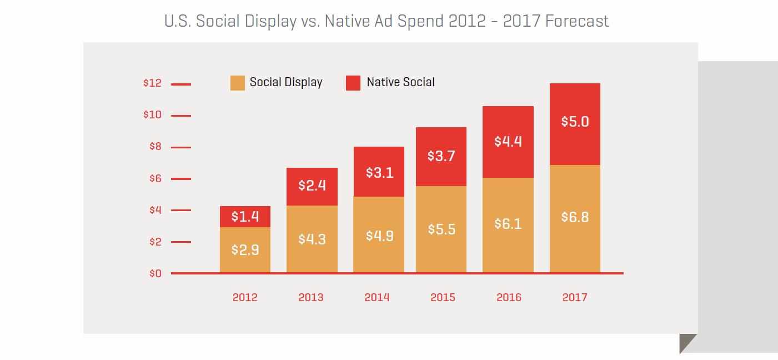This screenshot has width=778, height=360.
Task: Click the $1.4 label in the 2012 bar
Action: pos(245,217)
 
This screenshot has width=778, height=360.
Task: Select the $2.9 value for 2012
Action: pos(245,250)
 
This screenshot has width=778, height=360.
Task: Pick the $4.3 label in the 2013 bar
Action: pos(312,239)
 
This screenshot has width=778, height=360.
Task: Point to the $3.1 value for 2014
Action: pos(379,172)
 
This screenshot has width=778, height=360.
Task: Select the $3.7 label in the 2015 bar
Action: pos(441,156)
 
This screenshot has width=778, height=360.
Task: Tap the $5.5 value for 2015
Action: pos(441,229)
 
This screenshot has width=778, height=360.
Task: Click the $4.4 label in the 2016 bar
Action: pos(508,141)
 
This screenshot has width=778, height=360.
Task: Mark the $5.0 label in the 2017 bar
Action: pos(575,121)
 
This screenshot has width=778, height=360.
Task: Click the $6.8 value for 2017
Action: pos(575,217)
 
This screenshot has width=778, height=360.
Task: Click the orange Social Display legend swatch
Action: pos(237,83)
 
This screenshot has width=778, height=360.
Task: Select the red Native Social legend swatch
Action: pos(353,83)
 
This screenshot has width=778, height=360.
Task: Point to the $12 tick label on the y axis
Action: pos(152,83)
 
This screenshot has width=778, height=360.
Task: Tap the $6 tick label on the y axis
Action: pos(154,178)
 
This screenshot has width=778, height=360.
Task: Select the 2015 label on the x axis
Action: pos(443,297)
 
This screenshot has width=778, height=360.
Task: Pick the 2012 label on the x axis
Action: pos(245,297)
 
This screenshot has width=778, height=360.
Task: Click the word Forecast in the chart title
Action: pos(577,21)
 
